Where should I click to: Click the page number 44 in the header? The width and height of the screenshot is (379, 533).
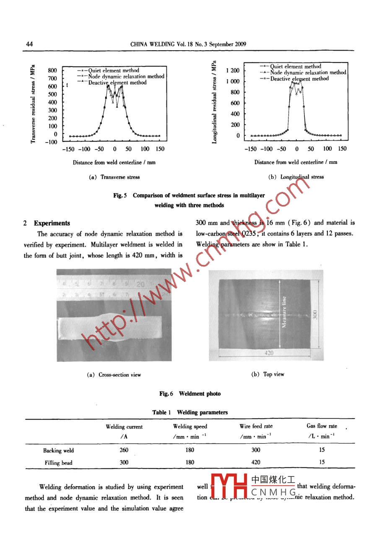tap(29, 44)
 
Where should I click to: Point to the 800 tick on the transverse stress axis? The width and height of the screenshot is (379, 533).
tap(52, 70)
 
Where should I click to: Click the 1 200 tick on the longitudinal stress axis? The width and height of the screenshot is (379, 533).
tap(233, 70)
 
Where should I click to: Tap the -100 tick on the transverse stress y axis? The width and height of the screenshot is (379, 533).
tap(51, 142)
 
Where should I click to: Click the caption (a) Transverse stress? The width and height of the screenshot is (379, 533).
tap(114, 177)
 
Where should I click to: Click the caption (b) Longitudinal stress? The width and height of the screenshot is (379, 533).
tap(296, 177)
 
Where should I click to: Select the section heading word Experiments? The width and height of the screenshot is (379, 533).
tap(52, 223)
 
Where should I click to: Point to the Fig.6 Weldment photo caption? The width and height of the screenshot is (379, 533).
tap(189, 394)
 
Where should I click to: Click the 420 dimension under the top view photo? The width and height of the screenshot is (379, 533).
tap(269, 353)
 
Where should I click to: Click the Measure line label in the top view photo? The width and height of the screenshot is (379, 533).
tap(284, 312)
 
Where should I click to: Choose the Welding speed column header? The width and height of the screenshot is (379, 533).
tap(190, 427)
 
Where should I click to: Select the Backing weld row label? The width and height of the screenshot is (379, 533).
tap(58, 451)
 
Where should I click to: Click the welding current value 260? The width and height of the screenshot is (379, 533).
tap(124, 450)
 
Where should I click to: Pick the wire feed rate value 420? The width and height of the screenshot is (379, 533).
tap(255, 463)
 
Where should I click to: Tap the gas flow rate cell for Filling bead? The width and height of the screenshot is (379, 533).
tap(322, 463)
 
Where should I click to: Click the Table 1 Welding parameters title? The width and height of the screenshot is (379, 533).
tap(189, 412)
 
